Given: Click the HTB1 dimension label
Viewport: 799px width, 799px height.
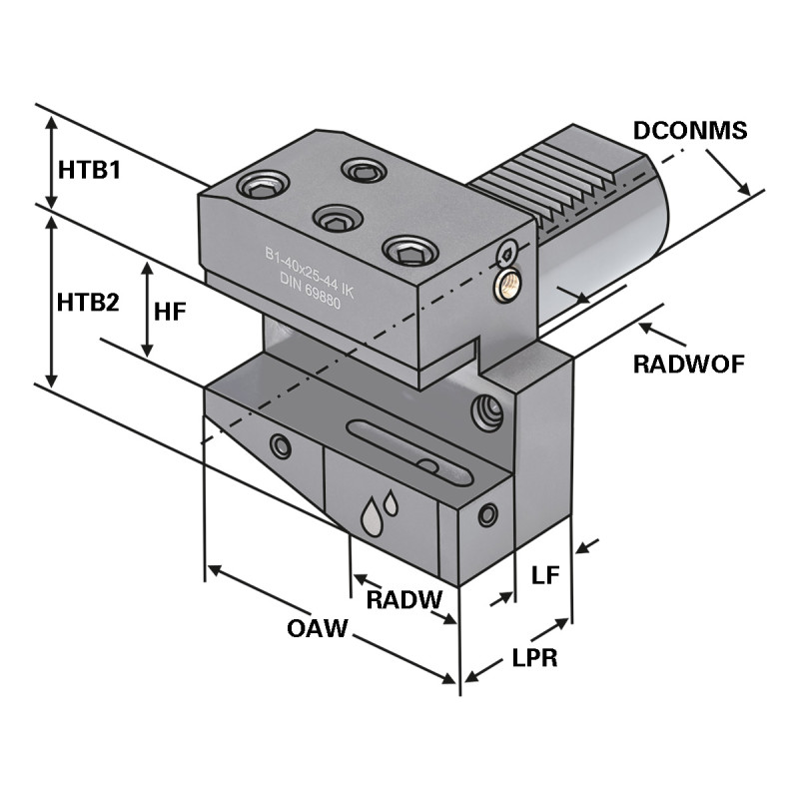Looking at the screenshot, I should pyautogui.click(x=89, y=170).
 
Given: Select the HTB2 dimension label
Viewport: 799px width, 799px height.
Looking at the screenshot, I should pyautogui.click(x=89, y=302).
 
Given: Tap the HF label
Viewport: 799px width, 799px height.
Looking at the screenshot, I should pyautogui.click(x=171, y=312).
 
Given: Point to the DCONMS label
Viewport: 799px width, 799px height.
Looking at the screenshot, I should pyautogui.click(x=690, y=130).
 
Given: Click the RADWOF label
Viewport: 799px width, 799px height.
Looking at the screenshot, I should pyautogui.click(x=688, y=364).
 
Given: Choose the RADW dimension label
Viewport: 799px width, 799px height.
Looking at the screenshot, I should pyautogui.click(x=403, y=599).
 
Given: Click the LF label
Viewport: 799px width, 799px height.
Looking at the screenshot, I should pyautogui.click(x=545, y=574).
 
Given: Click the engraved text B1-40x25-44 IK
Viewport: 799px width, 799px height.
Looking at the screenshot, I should pyautogui.click(x=309, y=273).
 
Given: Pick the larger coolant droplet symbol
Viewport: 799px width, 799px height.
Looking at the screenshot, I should pyautogui.click(x=372, y=517).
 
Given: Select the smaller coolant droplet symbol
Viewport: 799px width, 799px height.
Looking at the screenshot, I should pyautogui.click(x=391, y=502).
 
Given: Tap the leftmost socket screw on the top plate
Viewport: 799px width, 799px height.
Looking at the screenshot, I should pyautogui.click(x=263, y=186).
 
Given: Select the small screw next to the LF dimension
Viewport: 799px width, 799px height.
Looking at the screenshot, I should pyautogui.click(x=487, y=515).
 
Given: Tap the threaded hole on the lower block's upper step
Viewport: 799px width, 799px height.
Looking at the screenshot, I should pyautogui.click(x=486, y=411).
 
